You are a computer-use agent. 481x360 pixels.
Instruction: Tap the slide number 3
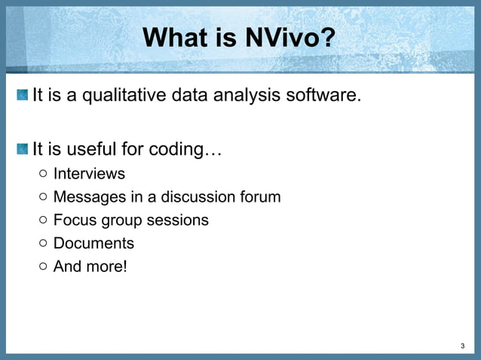pos(462,346)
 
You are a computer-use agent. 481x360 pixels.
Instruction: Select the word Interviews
pos(89,174)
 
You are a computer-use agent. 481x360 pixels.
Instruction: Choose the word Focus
pos(73,221)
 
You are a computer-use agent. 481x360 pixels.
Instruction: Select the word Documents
pos(93,244)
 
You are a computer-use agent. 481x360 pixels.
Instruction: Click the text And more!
pos(90,267)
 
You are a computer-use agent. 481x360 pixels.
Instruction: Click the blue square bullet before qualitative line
pos(23,96)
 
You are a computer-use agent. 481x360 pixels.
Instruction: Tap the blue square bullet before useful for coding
pos(23,148)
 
